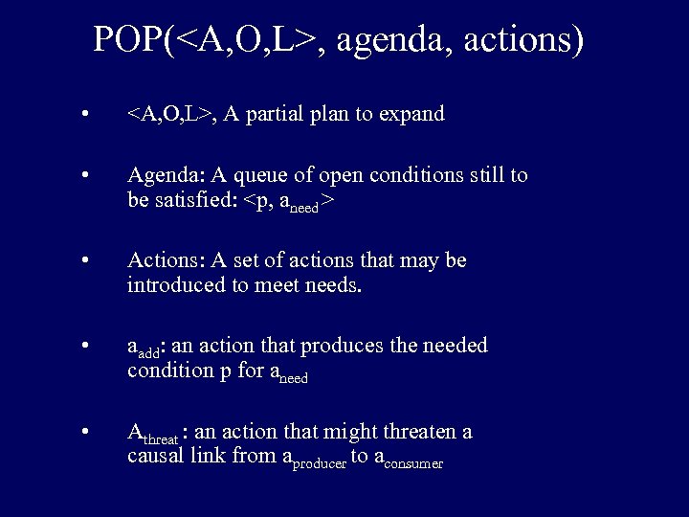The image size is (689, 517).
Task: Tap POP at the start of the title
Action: (128, 40)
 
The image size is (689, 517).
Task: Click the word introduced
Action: (175, 284)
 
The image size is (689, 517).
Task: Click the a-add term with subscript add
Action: (144, 348)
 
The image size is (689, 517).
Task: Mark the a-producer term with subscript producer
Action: (316, 461)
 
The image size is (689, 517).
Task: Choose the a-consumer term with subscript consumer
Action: (409, 461)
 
